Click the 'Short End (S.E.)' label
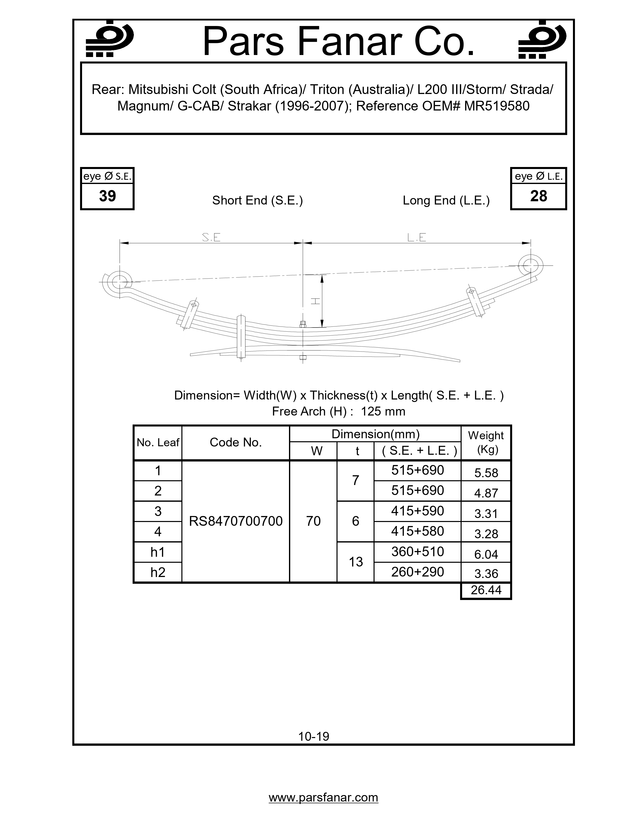coord(257,200)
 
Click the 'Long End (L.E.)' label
coord(446,200)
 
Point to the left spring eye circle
coord(120,282)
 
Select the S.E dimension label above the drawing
coord(211,237)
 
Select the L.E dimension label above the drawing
coord(417,237)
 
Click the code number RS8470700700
coord(235,521)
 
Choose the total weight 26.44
coord(486,590)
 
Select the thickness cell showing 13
coord(355,562)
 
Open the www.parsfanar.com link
coord(323,797)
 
